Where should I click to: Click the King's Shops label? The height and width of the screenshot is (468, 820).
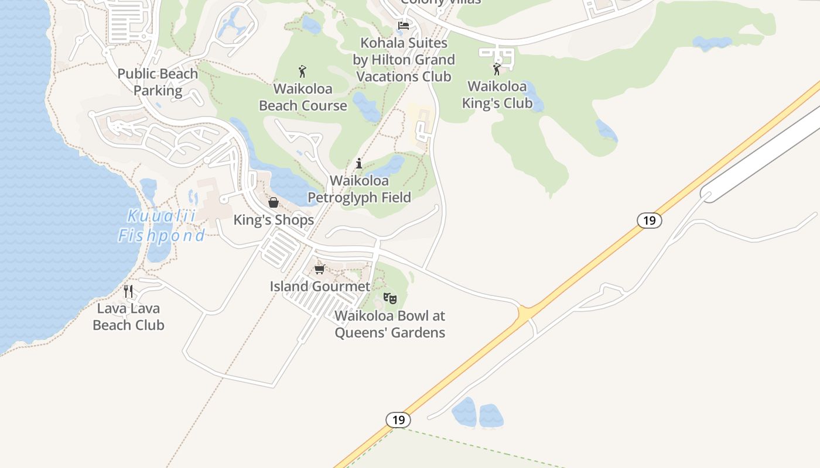click(274, 220)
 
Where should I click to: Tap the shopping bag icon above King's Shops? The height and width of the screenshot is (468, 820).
click(274, 203)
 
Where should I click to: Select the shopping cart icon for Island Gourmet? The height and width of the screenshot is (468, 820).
click(319, 269)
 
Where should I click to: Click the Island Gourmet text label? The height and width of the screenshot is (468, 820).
click(320, 286)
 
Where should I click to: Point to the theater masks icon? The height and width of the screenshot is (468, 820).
click(389, 298)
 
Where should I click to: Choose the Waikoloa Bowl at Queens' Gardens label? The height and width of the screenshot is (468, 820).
click(389, 324)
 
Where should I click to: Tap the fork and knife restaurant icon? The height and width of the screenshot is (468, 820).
click(128, 291)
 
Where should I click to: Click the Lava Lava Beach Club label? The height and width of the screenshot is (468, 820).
click(128, 316)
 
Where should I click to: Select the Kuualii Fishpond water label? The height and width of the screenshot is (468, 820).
click(162, 226)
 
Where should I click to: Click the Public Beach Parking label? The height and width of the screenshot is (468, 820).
click(158, 82)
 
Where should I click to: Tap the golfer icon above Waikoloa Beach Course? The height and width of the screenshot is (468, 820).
click(302, 71)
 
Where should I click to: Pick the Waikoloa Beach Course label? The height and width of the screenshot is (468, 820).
click(303, 97)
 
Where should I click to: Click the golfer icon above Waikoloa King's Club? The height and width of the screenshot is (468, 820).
click(497, 69)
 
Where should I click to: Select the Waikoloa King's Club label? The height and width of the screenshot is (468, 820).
click(497, 95)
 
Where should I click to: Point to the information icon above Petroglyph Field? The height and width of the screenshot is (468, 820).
click(359, 163)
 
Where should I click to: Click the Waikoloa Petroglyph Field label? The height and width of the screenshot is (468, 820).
click(359, 189)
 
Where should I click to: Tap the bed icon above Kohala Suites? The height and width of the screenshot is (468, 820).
click(404, 26)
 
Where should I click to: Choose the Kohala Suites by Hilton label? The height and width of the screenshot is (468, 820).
click(404, 60)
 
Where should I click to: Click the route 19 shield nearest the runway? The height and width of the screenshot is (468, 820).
click(649, 221)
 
